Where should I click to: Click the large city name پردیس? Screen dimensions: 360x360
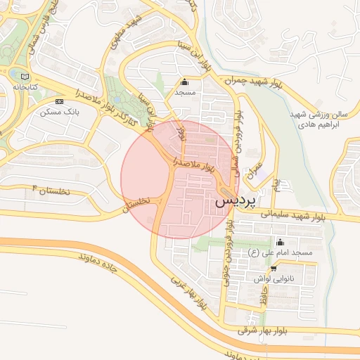[233, 200]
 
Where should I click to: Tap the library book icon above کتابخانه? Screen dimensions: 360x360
[26, 76]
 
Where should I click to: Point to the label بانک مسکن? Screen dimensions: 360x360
[58, 112]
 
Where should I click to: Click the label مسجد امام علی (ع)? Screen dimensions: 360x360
[281, 252]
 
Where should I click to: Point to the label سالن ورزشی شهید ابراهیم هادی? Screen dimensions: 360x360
[319, 118]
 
